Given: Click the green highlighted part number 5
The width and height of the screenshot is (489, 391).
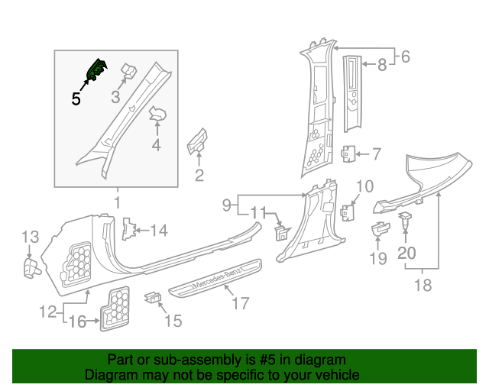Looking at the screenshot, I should pyautogui.click(x=98, y=70).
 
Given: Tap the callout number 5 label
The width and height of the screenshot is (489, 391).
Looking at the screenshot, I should pyautogui.click(x=76, y=99).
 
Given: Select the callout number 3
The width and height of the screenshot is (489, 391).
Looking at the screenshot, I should pyautogui.click(x=116, y=97).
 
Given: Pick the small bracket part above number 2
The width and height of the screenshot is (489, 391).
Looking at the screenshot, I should pyautogui.click(x=197, y=141).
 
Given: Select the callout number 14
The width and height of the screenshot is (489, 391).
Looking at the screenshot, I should pyautogui.click(x=158, y=230).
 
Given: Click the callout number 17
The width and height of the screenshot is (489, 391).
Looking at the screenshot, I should pyautogui.click(x=241, y=303).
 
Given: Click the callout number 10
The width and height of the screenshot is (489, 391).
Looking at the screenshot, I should pyautogui.click(x=365, y=186).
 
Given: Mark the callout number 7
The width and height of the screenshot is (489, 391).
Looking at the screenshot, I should pyautogui.click(x=375, y=154).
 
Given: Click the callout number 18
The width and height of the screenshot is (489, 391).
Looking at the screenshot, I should pyautogui.click(x=423, y=286).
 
